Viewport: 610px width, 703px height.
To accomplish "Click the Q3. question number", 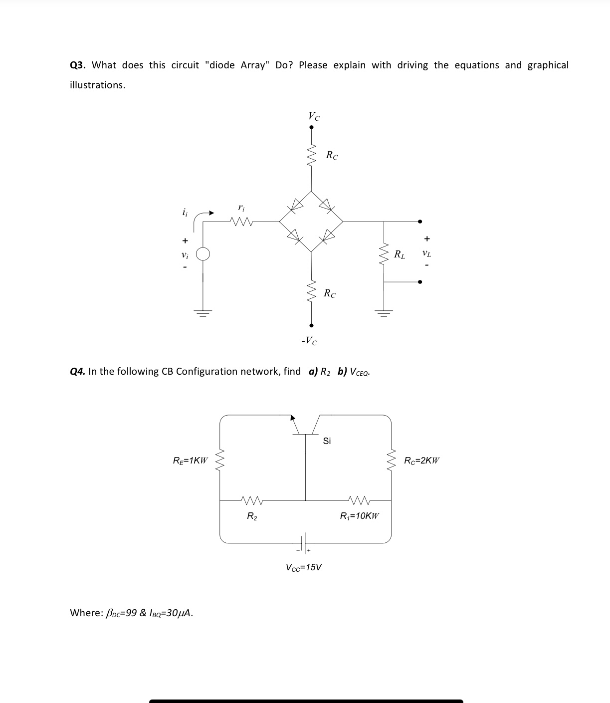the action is click(x=78, y=65).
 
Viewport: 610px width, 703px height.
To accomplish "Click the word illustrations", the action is click(x=97, y=85).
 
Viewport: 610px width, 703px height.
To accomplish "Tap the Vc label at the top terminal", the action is click(x=314, y=116).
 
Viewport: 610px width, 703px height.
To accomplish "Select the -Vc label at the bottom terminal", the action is click(x=309, y=341).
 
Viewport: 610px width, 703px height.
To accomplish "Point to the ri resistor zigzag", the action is click(x=241, y=221).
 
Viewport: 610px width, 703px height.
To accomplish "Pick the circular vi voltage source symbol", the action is click(x=203, y=254).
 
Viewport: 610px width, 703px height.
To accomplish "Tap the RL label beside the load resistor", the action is click(x=399, y=255).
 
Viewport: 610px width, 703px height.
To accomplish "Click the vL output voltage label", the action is click(x=426, y=253).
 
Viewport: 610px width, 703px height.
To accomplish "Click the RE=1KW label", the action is click(x=190, y=461).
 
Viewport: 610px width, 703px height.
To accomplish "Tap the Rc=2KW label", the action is click(x=421, y=461).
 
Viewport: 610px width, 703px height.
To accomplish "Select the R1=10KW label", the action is click(x=359, y=516).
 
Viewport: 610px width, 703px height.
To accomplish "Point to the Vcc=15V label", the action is click(x=304, y=567).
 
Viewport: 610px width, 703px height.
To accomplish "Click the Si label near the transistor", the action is click(x=327, y=441).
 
